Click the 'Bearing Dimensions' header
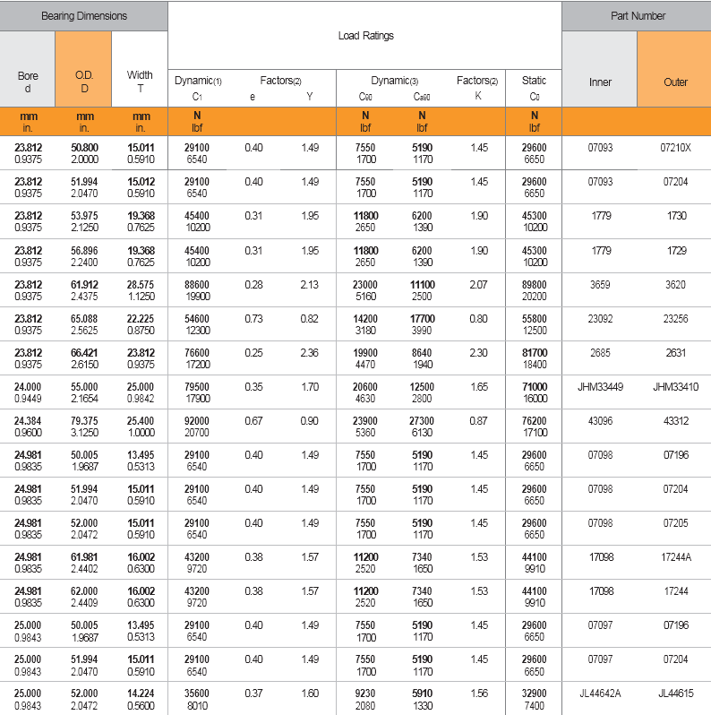[84, 16]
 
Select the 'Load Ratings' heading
[365, 36]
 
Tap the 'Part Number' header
[636, 16]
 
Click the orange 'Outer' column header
[675, 82]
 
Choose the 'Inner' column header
[600, 82]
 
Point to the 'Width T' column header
[141, 82]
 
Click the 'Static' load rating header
[534, 81]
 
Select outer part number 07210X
[676, 148]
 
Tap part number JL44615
[676, 693]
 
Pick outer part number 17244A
[676, 556]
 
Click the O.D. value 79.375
[85, 420]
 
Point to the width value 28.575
[141, 284]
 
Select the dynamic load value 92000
[196, 420]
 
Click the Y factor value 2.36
[309, 352]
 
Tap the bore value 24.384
[29, 420]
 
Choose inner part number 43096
[600, 420]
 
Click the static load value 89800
[534, 284]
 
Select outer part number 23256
[676, 318]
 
